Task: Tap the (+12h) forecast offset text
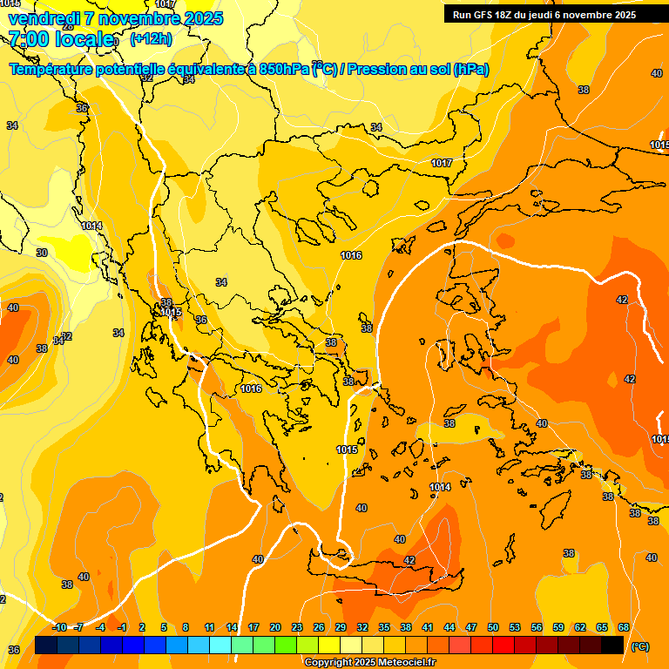tap(151, 39)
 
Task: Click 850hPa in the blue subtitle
tap(284, 70)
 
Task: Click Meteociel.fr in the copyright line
tap(402, 663)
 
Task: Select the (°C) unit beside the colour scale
tap(640, 646)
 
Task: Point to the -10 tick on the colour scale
tap(58, 628)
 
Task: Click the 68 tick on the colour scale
tap(624, 628)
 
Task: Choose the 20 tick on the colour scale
tap(275, 628)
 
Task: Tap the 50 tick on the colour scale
tap(493, 628)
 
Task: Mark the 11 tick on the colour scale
tap(209, 628)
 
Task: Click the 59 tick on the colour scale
tap(558, 628)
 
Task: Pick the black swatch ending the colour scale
tap(612, 645)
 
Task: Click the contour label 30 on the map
tap(42, 253)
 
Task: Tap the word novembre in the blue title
tap(142, 18)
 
